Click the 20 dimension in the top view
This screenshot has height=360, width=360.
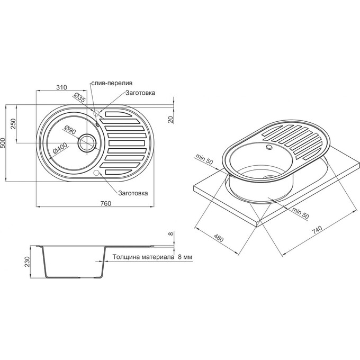171,120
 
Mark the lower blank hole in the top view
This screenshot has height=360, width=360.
96,173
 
